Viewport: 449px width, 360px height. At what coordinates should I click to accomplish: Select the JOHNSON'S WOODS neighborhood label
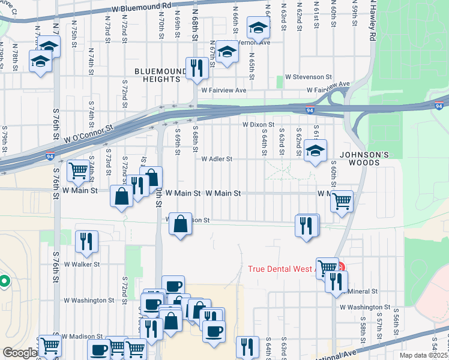click(x=360, y=158)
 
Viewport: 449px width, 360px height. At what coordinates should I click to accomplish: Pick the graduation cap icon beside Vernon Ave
click(x=259, y=29)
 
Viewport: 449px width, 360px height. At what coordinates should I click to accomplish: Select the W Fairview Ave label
click(x=224, y=90)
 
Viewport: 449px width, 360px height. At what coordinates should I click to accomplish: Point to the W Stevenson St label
click(x=309, y=77)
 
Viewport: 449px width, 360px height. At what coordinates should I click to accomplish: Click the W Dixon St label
click(x=258, y=125)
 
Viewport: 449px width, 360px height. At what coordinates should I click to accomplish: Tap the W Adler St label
click(x=216, y=160)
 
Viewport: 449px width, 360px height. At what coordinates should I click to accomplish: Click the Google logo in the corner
click(x=19, y=353)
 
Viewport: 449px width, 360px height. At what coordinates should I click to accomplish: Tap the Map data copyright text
click(x=423, y=355)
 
